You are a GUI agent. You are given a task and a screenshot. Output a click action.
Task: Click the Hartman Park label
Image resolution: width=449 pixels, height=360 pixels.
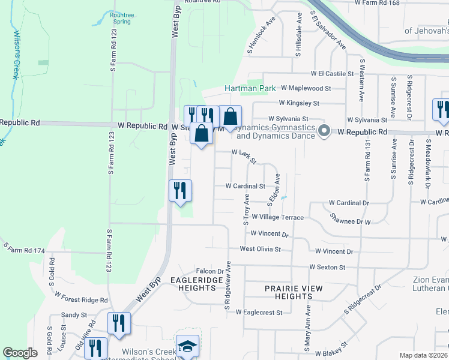point(250,88)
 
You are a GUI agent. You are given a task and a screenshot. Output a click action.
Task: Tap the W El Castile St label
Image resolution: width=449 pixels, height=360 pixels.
point(333,74)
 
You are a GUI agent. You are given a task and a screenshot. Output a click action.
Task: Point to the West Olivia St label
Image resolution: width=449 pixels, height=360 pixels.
point(261,248)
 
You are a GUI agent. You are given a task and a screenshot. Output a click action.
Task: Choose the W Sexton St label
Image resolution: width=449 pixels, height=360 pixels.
point(327,266)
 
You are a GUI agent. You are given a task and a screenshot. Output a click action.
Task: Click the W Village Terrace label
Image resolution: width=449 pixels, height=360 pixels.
point(277,217)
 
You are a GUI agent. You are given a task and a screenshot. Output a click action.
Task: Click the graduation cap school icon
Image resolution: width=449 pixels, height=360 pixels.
point(187,347)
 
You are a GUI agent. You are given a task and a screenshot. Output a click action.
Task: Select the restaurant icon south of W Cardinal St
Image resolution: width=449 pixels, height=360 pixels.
point(180,191)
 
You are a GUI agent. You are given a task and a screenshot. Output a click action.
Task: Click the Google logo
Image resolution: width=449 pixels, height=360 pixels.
point(20,353)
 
